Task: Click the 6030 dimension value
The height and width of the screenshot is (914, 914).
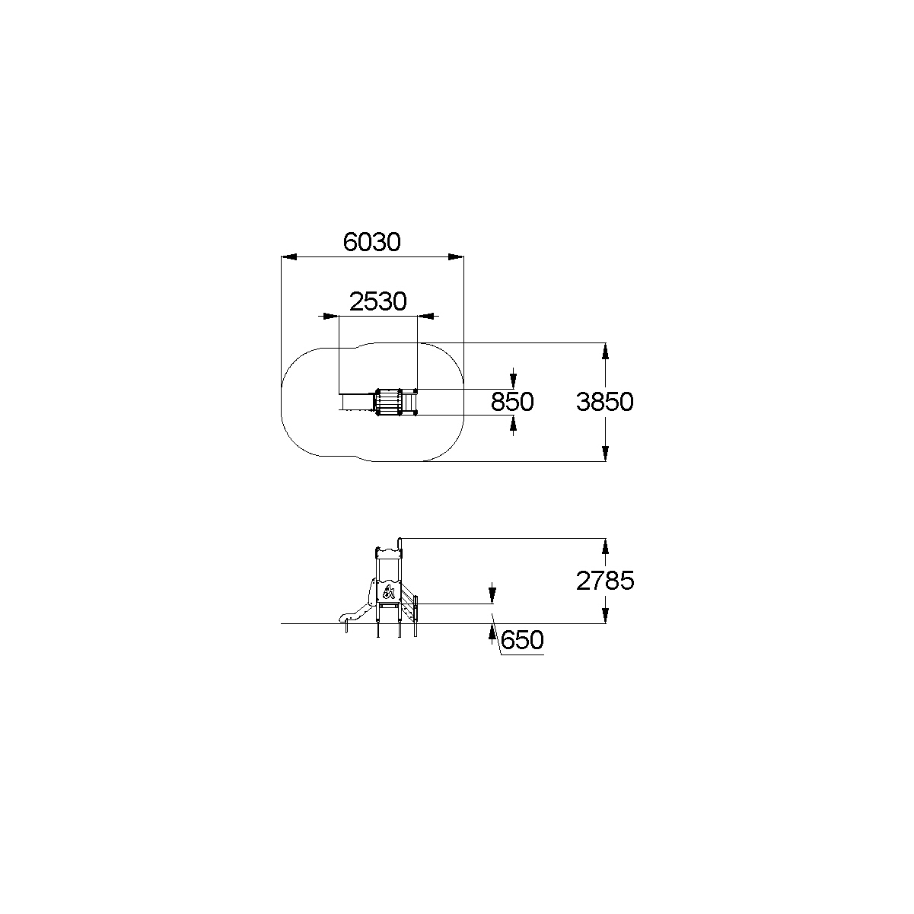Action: coord(372,242)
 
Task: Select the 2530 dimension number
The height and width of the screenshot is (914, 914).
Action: coord(378,301)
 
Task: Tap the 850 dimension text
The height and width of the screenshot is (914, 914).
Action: coord(511,402)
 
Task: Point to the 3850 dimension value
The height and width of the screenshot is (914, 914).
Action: coord(605,402)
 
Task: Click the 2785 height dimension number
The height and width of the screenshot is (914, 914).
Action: coord(605,581)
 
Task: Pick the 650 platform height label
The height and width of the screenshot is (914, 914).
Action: coord(522,640)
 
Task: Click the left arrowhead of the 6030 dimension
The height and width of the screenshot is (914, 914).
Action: coord(289,257)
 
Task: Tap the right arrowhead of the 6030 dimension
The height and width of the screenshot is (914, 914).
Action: coord(456,257)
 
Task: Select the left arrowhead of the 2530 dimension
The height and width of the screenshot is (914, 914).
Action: coord(331,316)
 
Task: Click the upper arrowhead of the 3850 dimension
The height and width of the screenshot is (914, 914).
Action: coord(605,351)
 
